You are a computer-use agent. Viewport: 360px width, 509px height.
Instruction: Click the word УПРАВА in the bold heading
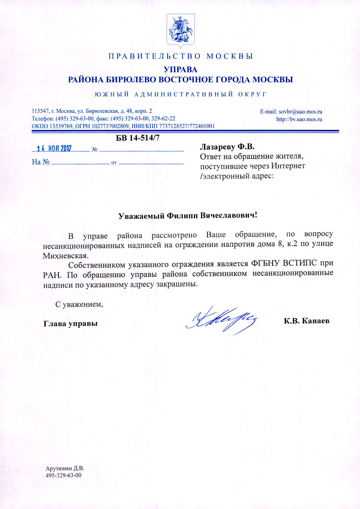tap(181, 70)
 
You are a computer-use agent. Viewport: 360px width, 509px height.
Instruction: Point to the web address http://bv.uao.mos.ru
tap(299, 119)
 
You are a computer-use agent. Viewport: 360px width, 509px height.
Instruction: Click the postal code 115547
tap(41, 111)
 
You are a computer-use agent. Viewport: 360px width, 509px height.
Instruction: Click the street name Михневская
tap(65, 255)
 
